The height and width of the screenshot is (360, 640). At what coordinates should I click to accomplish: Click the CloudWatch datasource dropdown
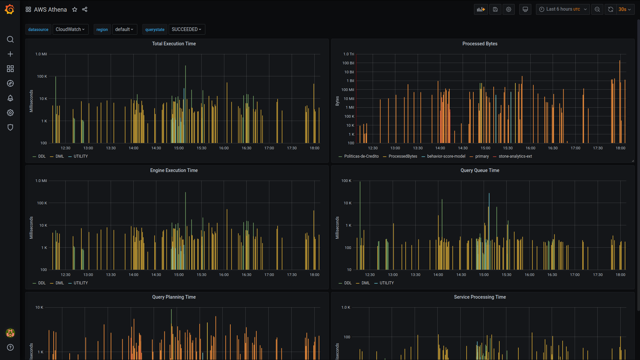click(70, 29)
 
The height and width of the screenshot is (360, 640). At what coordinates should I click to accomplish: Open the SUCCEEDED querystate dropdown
click(187, 29)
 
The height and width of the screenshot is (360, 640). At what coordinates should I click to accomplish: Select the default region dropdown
click(124, 29)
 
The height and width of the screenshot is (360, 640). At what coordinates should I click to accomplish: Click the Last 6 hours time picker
click(563, 9)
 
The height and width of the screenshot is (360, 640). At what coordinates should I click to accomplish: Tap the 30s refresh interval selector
click(625, 9)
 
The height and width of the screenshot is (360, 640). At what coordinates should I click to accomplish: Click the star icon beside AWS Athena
click(75, 10)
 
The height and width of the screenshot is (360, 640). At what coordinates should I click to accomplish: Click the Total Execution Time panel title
click(174, 44)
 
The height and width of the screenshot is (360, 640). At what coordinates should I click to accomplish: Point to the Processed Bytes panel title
click(480, 44)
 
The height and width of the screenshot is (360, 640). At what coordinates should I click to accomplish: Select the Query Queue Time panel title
click(480, 170)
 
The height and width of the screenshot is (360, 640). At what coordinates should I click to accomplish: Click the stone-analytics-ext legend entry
click(515, 156)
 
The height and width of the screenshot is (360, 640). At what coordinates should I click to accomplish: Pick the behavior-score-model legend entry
click(446, 156)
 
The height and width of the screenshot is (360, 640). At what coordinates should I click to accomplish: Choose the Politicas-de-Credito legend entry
click(361, 156)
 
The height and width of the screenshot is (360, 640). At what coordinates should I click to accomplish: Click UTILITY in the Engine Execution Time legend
click(81, 283)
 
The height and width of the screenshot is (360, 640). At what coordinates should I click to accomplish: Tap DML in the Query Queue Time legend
click(366, 283)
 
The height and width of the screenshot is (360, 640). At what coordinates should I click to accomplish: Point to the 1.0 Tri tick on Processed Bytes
click(349, 54)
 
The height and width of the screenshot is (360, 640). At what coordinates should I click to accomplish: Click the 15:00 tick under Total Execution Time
click(179, 148)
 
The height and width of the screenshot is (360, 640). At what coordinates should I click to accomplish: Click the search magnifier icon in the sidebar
click(10, 39)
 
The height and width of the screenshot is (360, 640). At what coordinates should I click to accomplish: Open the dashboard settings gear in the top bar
click(509, 9)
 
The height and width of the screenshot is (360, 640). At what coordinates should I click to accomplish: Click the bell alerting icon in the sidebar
click(10, 98)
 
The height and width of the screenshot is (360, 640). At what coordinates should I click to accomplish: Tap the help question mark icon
click(10, 347)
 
